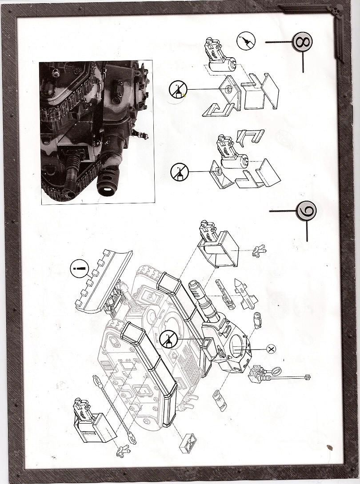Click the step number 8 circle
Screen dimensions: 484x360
[x=302, y=43]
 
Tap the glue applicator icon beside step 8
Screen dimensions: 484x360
[x=246, y=42]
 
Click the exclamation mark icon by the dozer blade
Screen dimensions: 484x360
[x=80, y=269]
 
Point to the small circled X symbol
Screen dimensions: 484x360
[x=272, y=349]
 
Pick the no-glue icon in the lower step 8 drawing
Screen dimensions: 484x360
[x=180, y=171]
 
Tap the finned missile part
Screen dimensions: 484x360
[x=244, y=294]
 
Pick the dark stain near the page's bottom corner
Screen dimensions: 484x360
[x=329, y=447]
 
